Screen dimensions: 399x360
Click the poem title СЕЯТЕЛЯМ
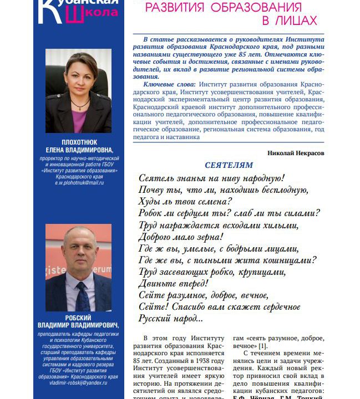(229, 165)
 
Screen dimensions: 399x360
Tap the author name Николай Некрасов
(296, 153)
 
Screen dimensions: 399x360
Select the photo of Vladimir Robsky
(78, 268)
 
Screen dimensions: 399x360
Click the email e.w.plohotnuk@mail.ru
(78, 183)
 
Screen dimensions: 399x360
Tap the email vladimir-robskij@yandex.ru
(78, 382)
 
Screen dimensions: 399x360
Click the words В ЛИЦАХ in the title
(289, 21)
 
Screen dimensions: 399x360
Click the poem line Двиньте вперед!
(173, 283)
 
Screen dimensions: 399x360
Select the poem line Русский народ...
(170, 319)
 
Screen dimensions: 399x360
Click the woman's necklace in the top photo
(80, 104)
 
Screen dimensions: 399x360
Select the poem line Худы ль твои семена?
(185, 201)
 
